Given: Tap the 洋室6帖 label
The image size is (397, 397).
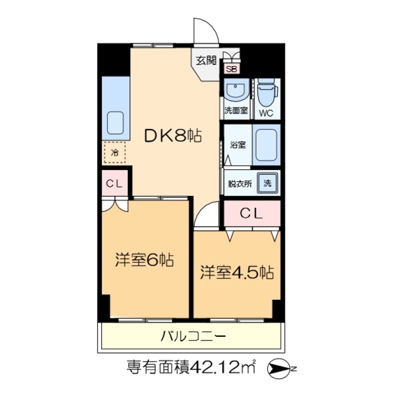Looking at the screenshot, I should [144, 260].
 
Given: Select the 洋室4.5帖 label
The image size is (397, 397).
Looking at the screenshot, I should [237, 272].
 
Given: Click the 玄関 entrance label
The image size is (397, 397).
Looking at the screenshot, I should [207, 60].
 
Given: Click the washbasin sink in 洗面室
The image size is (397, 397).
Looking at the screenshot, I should [235, 92].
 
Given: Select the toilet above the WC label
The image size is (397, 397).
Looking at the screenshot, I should [266, 94].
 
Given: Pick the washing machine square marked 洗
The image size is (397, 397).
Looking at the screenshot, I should [267, 184].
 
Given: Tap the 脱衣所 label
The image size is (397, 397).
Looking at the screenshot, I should [239, 184].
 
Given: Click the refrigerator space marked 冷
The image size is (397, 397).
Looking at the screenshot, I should [115, 151].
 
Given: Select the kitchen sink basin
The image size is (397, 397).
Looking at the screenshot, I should [116, 122].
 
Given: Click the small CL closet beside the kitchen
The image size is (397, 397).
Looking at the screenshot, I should [114, 183].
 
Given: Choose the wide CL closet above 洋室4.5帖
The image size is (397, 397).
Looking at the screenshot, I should [252, 215].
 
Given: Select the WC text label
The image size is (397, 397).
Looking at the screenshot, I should [266, 113].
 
